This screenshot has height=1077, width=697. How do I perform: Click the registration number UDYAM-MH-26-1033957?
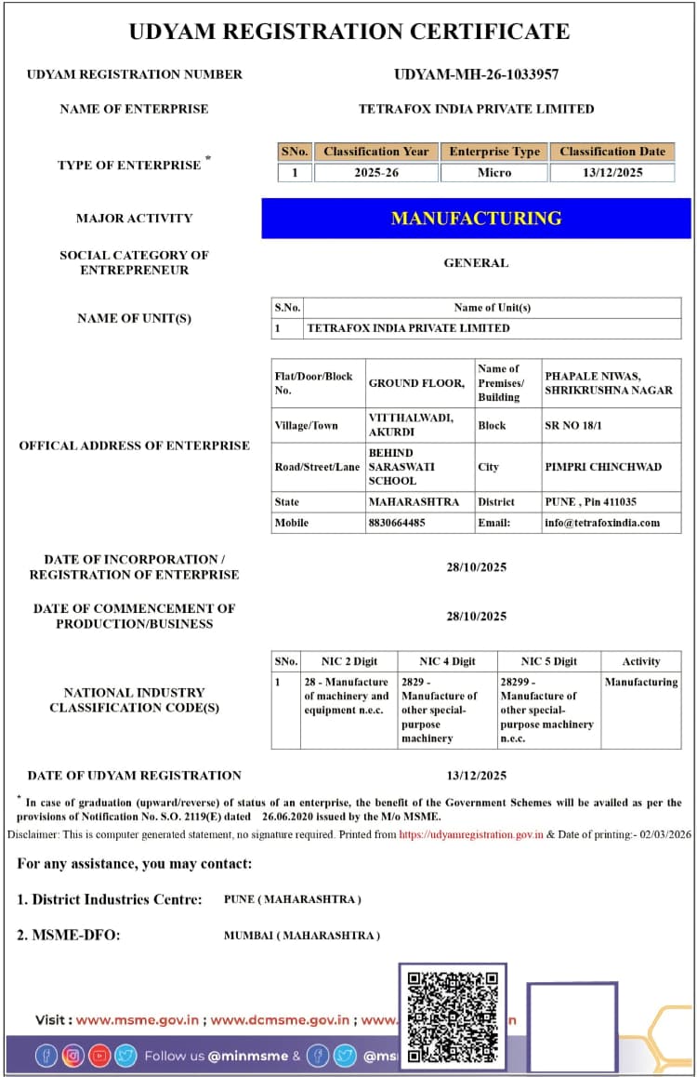pos(476,74)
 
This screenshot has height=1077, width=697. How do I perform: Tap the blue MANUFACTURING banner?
pos(476,219)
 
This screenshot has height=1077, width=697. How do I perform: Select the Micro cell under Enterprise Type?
pos(494,173)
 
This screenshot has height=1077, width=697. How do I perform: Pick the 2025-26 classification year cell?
pos(376,173)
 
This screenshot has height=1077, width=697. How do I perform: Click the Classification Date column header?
pos(612,152)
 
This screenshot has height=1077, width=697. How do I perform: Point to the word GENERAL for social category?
pos(476,263)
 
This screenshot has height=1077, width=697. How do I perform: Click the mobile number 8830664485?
pos(397,523)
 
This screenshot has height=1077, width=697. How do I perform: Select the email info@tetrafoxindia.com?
pos(602,523)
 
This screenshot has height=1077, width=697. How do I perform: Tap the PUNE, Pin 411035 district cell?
pos(590,501)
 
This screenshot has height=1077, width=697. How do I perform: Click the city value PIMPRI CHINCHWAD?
pos(603,467)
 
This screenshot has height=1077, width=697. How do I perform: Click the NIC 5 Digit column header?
pos(548,661)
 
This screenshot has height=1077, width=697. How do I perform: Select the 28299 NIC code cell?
pos(547,710)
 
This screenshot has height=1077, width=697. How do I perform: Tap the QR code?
pos(454,1017)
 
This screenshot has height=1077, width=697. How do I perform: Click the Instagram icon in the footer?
pos(72,1056)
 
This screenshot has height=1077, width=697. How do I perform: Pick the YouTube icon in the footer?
pos(99,1056)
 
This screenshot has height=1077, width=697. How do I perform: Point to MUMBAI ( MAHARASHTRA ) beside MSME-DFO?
pos(302,935)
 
